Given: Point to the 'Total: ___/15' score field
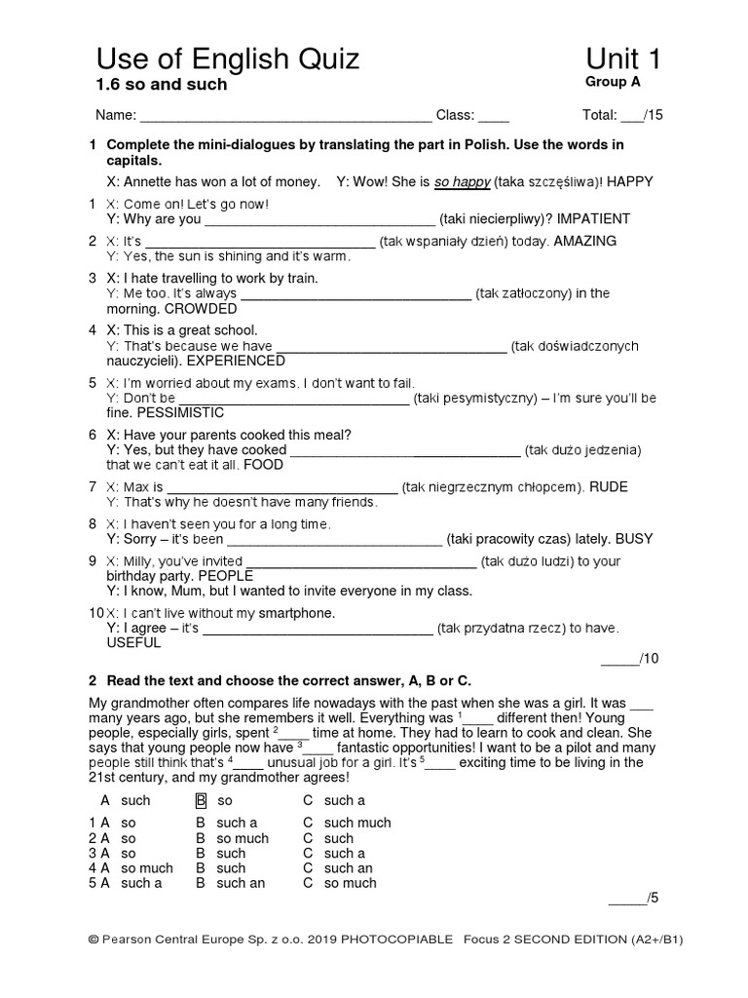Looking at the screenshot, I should tap(622, 116).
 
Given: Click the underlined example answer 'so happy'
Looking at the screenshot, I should tap(462, 182).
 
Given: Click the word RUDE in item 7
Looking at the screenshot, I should tap(609, 487).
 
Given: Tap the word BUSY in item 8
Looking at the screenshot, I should tap(632, 539).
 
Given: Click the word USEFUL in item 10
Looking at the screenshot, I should tap(128, 644).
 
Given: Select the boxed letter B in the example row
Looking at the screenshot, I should tap(202, 800).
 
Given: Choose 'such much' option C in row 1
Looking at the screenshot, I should tap(357, 823).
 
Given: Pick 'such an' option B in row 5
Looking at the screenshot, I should tap(241, 883).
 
